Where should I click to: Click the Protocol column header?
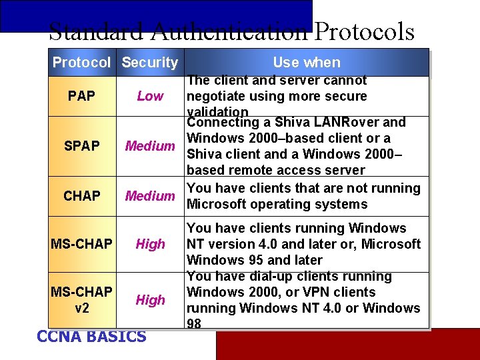(x=81, y=63)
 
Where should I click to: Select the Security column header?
(x=150, y=63)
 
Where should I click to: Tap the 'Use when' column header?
(x=307, y=63)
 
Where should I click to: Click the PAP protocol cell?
(x=81, y=96)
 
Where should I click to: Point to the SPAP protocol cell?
(x=81, y=146)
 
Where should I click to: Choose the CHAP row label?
(x=81, y=196)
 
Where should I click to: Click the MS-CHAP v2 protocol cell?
(x=81, y=300)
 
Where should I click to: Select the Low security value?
(x=150, y=96)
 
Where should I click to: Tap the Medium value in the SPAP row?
(x=150, y=146)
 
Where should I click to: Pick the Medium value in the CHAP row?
(x=150, y=196)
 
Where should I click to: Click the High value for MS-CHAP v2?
(x=150, y=300)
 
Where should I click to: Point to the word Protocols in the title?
(x=364, y=31)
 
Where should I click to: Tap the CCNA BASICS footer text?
(x=91, y=337)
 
